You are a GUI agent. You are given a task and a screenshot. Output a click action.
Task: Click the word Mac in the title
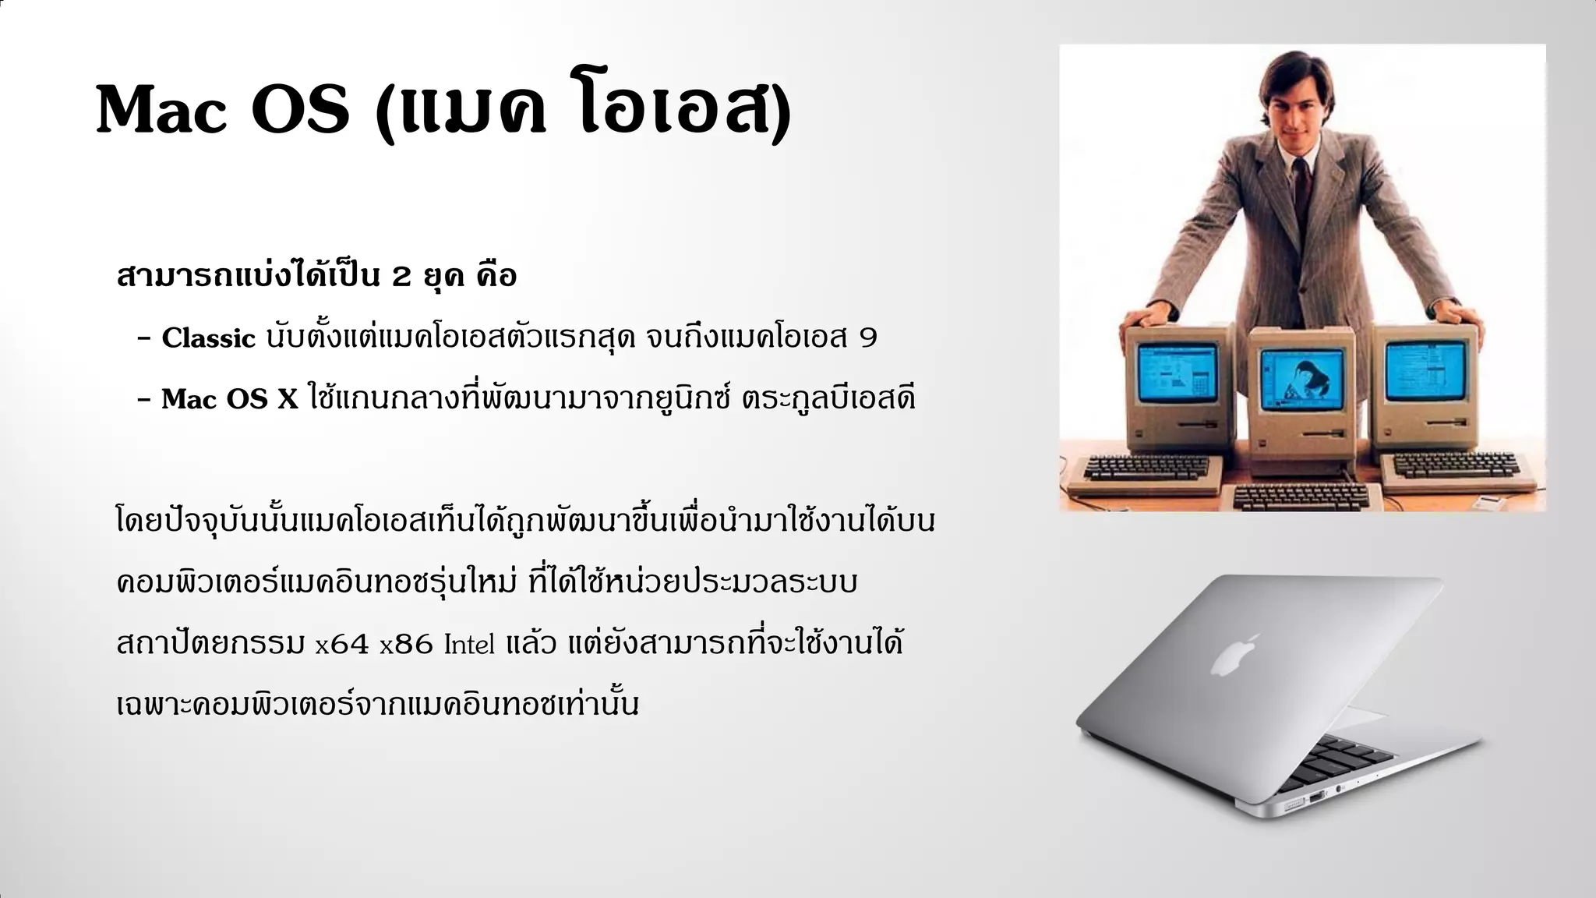[x=161, y=111]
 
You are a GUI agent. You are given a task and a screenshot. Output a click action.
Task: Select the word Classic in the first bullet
[x=208, y=338]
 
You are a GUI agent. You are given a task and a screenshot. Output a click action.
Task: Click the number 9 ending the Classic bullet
[x=867, y=338]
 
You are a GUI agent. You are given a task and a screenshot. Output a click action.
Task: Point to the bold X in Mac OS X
[x=288, y=400]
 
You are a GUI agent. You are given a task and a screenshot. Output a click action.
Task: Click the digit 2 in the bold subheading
[x=401, y=277]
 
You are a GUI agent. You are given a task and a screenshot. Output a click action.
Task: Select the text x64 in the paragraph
[x=341, y=645]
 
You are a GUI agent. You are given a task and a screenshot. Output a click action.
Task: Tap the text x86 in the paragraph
[x=406, y=645]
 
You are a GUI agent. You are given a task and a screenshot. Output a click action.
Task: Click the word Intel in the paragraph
[x=469, y=645]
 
